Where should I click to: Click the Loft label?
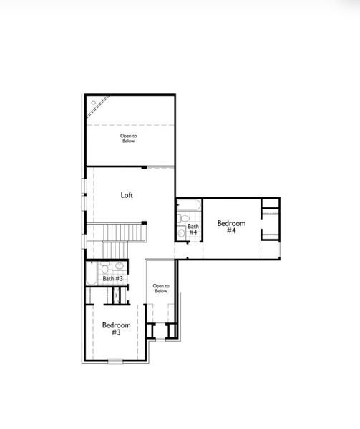pyautogui.click(x=127, y=194)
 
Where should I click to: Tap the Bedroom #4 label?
pyautogui.click(x=231, y=227)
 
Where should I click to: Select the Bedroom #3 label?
pyautogui.click(x=115, y=329)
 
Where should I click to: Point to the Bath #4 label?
pyautogui.click(x=193, y=230)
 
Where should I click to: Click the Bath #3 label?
pyautogui.click(x=112, y=278)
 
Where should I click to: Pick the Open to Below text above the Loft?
pyautogui.click(x=128, y=138)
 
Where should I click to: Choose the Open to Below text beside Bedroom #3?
pyautogui.click(x=161, y=288)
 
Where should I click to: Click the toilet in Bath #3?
pyautogui.click(x=104, y=268)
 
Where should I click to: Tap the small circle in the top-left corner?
pyautogui.click(x=93, y=102)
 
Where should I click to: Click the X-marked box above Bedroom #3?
pyautogui.click(x=116, y=295)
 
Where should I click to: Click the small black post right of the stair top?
pyautogui.click(x=144, y=222)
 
